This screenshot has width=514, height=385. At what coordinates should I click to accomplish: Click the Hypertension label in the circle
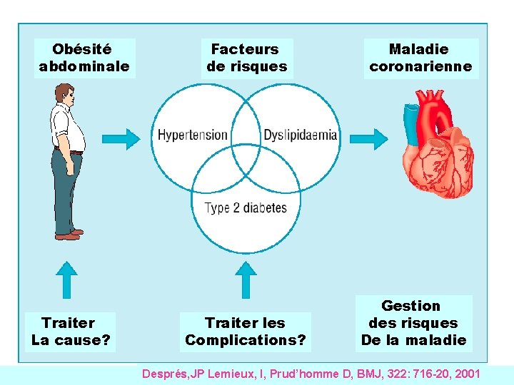point(192,135)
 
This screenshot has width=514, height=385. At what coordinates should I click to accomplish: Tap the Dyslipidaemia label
point(300,135)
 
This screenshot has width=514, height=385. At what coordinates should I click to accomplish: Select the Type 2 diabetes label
point(245,208)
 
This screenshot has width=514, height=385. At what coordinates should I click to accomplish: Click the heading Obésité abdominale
point(84,58)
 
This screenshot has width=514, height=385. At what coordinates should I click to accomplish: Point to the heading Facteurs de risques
point(246,58)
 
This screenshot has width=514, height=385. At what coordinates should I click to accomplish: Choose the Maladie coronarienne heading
point(420,58)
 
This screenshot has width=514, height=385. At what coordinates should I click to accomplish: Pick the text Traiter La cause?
point(70,332)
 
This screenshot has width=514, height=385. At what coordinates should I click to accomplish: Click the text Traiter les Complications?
point(245,332)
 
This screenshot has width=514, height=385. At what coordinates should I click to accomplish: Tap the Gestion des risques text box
point(414,323)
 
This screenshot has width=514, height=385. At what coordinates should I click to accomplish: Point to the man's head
point(64,93)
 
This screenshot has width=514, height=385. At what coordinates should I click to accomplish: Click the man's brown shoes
point(69,234)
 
